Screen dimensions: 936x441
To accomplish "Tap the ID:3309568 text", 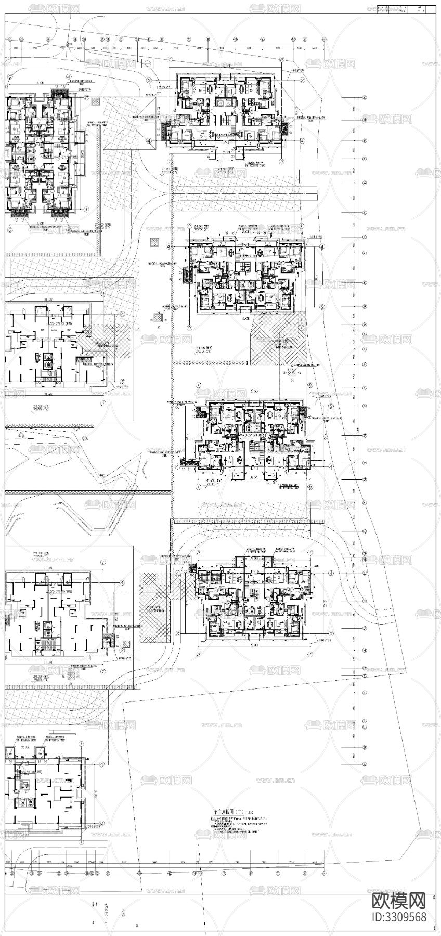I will coord(399,917).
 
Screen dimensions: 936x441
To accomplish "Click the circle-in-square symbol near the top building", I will coord(148,63).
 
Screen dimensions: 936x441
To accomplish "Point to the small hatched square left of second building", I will coord(154,242).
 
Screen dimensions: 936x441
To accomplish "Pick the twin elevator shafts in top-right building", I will coord(224,102).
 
